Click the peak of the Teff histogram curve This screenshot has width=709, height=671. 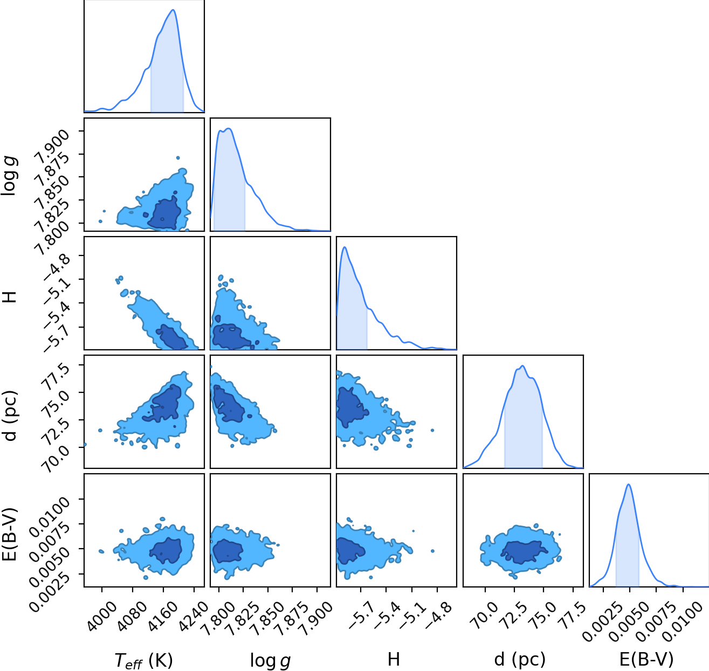pos(173,10)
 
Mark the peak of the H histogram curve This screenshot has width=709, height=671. pos(345,247)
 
